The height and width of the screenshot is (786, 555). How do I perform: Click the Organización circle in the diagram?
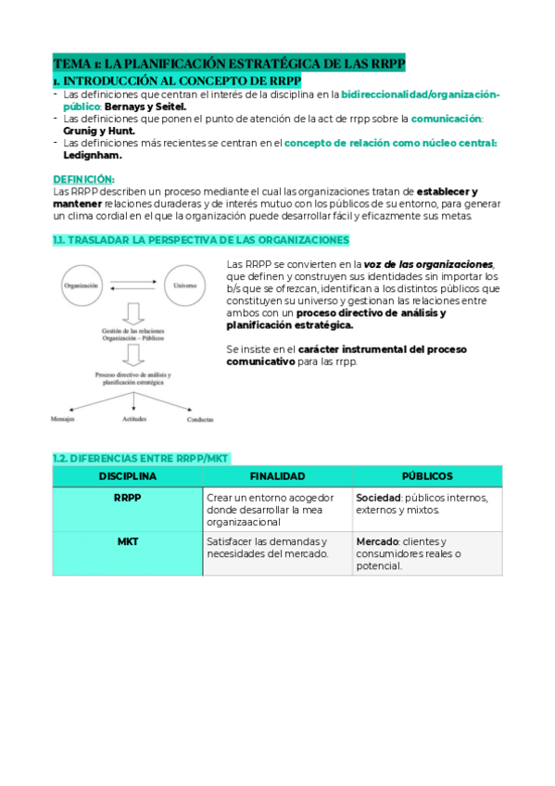pyautogui.click(x=82, y=286)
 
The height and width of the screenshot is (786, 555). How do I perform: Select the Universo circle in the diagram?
pyautogui.click(x=185, y=286)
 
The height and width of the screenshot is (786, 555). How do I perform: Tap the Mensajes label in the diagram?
pyautogui.click(x=63, y=419)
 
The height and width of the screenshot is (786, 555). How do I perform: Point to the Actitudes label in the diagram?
pyautogui.click(x=134, y=419)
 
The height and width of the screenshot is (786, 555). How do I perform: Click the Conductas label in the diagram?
pyautogui.click(x=200, y=419)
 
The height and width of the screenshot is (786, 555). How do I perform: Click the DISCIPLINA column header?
pyautogui.click(x=128, y=476)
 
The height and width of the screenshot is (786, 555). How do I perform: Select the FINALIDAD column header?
pyautogui.click(x=277, y=476)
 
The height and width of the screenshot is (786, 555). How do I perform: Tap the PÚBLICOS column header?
pyautogui.click(x=427, y=476)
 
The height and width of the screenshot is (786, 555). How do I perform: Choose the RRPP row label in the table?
pyautogui.click(x=128, y=498)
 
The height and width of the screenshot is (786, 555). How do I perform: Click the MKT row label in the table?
pyautogui.click(x=128, y=541)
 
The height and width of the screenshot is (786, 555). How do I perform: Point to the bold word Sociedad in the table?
pyautogui.click(x=378, y=498)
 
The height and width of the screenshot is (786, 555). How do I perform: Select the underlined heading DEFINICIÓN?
pyautogui.click(x=83, y=179)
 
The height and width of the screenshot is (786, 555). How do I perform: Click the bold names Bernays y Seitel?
pyautogui.click(x=146, y=107)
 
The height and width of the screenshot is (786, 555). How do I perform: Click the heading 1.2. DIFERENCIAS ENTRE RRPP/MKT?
pyautogui.click(x=140, y=458)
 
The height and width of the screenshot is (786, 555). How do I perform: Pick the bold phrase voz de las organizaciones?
pyautogui.click(x=428, y=264)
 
